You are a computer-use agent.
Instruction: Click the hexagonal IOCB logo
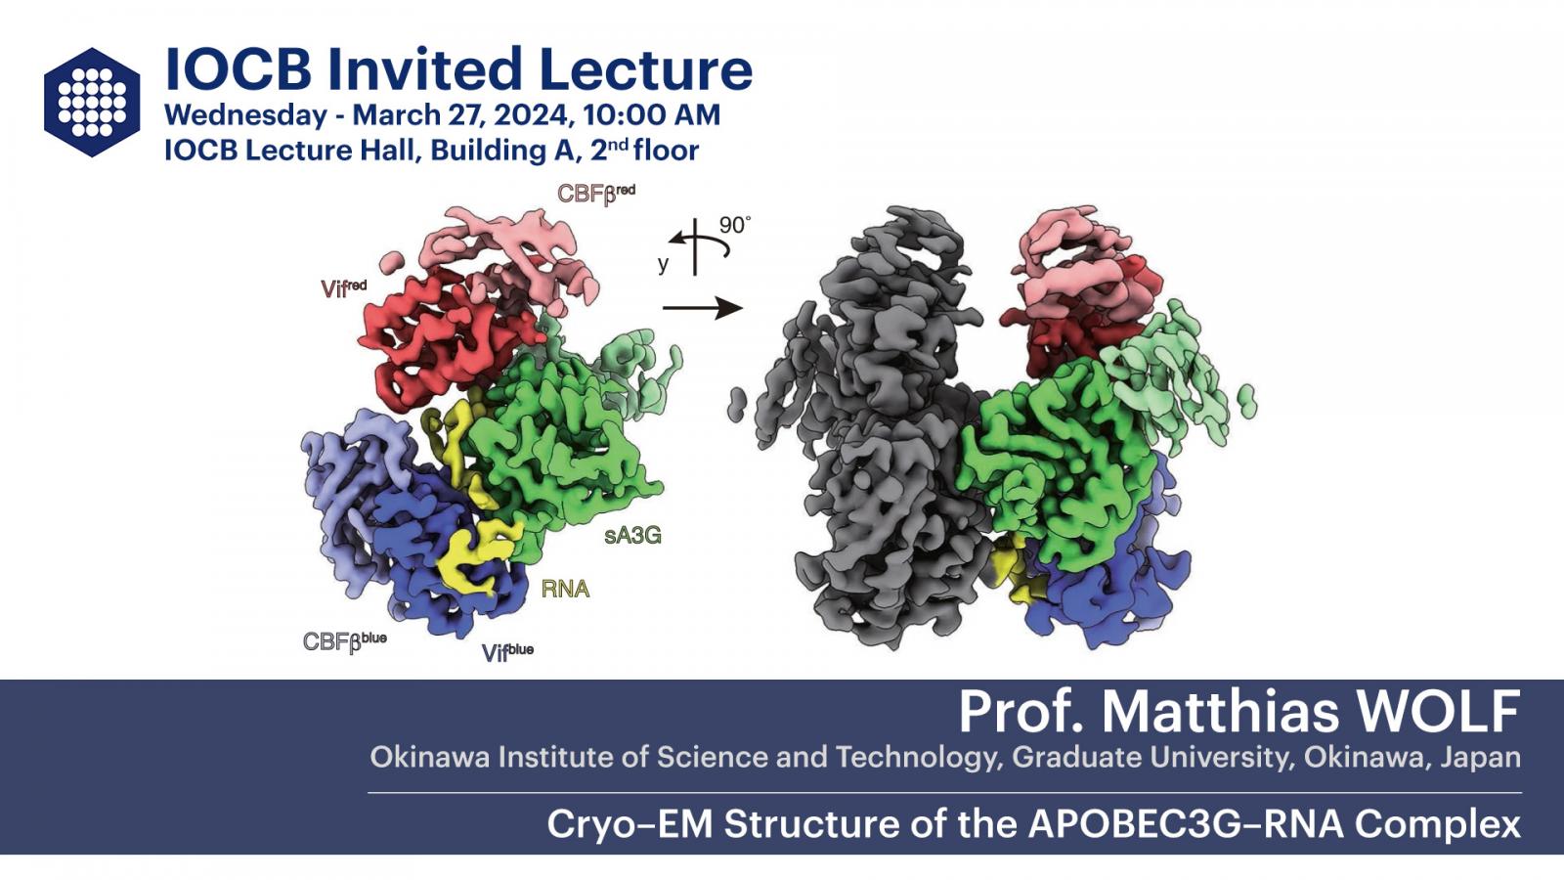(x=92, y=102)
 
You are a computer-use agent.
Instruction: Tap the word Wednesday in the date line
(x=245, y=115)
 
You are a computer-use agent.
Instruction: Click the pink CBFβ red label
(x=595, y=194)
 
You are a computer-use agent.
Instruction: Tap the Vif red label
(x=343, y=287)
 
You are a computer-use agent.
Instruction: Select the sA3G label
(x=632, y=536)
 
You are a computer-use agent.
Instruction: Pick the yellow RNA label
(x=566, y=590)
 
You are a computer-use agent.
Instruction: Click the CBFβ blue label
(x=344, y=641)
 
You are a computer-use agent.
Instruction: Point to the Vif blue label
(x=507, y=652)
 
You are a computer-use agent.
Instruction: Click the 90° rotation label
(x=735, y=225)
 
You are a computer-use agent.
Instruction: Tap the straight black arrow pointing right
(x=703, y=308)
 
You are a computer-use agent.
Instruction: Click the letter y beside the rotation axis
(x=664, y=265)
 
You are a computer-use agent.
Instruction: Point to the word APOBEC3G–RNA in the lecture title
(x=1186, y=824)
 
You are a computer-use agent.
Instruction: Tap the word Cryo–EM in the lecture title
(x=630, y=825)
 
